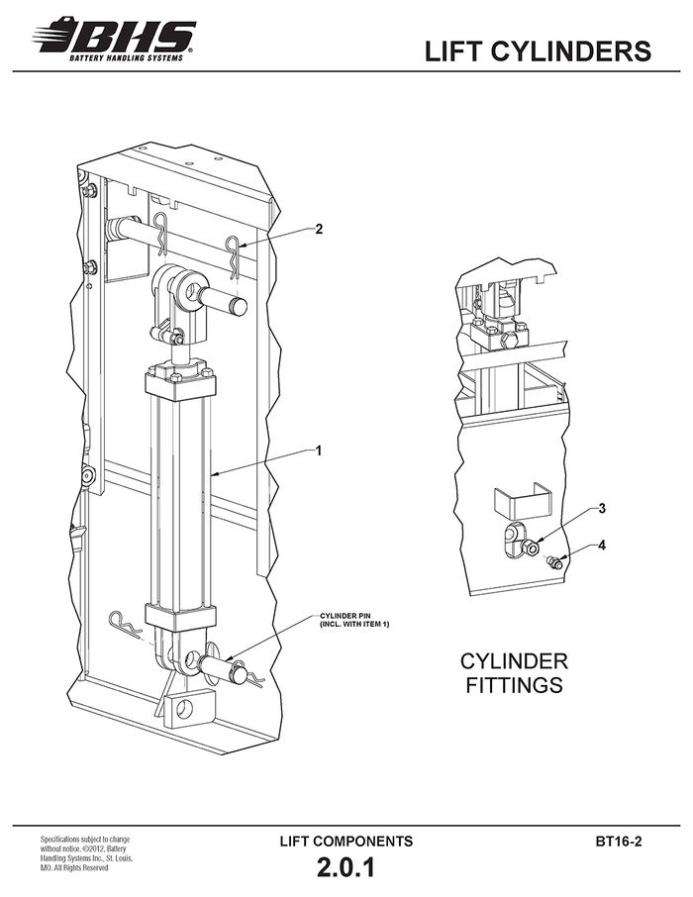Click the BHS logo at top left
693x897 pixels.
click(x=115, y=39)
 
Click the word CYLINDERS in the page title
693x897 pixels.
click(x=571, y=50)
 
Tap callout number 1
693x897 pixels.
click(x=318, y=450)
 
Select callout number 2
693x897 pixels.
click(x=319, y=229)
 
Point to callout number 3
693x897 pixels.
click(x=602, y=508)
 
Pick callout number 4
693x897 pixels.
click(x=602, y=546)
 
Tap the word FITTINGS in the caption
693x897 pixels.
click(x=514, y=685)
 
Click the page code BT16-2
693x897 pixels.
click(x=619, y=842)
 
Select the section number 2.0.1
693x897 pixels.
click(x=346, y=867)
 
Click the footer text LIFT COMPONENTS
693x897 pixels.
click(x=346, y=841)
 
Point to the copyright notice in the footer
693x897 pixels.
click(x=86, y=855)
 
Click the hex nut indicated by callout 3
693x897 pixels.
click(x=530, y=547)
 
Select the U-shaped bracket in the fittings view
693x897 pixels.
click(x=522, y=499)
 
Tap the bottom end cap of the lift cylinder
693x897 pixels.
click(x=181, y=616)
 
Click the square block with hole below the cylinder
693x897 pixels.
click(x=189, y=708)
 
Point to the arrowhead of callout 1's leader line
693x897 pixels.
click(x=213, y=473)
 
